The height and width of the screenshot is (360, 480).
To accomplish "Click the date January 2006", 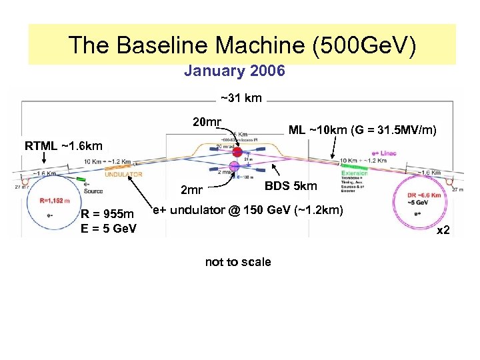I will tap(234, 71).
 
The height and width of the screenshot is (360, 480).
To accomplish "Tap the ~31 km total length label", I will tap(241, 99).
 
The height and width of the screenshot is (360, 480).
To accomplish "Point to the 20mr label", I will tap(207, 121).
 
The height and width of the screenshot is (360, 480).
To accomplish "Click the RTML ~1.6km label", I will tap(63, 145).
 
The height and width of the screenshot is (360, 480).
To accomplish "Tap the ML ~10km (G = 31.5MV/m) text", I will tap(363, 130).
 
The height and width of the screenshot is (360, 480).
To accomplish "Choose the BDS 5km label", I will tap(291, 185).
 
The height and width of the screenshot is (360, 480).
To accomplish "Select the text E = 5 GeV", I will tap(108, 229).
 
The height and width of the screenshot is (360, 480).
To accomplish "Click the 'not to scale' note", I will tap(238, 262).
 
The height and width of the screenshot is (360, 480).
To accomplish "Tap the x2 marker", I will tap(443, 231).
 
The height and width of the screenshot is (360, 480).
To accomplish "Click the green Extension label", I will tap(355, 173).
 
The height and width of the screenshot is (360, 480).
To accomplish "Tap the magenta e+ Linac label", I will tap(384, 153).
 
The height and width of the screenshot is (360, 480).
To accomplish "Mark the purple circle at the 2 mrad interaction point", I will tap(235, 167).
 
